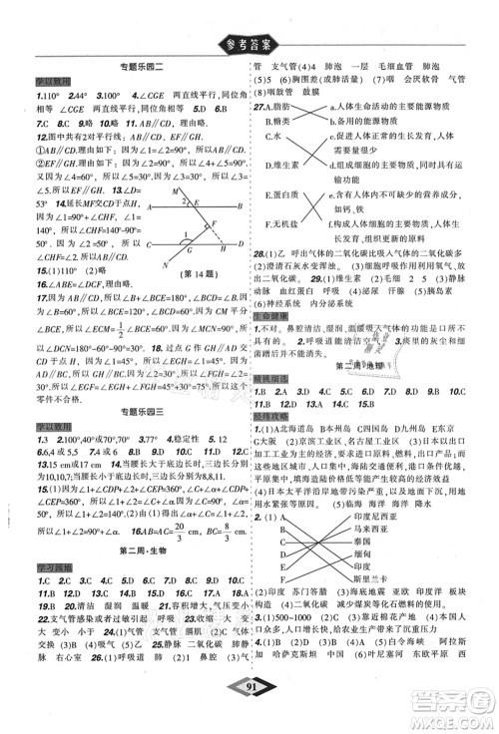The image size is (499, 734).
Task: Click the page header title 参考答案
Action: (x=249, y=42)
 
